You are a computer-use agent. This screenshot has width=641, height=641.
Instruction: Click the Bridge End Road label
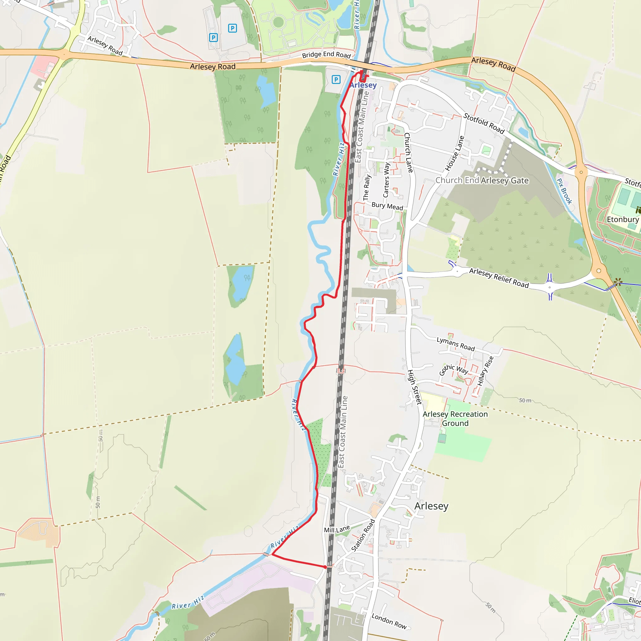point(326,54)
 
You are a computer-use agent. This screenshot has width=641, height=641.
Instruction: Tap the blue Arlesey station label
point(363,85)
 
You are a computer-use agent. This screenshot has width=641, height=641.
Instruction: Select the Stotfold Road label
point(484,123)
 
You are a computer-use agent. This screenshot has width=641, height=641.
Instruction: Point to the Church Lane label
point(408,153)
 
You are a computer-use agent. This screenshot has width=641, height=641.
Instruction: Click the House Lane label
point(454,153)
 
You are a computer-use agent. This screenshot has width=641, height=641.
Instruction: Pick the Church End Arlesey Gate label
point(482,181)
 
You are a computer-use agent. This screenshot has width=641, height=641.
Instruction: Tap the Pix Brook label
point(564,191)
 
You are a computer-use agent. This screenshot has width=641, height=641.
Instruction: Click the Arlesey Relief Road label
point(499,278)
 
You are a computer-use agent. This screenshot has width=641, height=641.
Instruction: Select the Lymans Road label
point(455,344)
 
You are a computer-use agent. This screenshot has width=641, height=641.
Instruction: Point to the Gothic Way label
point(453,370)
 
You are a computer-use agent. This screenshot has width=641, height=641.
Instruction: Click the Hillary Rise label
point(485,371)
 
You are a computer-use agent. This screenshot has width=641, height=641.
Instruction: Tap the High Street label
point(414,387)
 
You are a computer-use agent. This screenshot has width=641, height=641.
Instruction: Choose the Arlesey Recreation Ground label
point(455,418)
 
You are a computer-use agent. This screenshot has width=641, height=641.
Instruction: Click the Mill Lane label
point(337,529)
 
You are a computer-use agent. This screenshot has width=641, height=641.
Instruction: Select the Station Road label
point(363,536)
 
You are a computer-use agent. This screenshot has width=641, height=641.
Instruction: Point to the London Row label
point(389,621)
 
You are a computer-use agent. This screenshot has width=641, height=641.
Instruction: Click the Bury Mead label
point(387,206)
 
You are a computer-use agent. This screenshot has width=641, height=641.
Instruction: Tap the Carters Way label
point(386,180)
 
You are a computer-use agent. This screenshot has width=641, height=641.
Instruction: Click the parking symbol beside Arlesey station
point(336,79)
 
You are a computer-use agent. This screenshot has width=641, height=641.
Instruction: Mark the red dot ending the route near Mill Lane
point(326,567)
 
